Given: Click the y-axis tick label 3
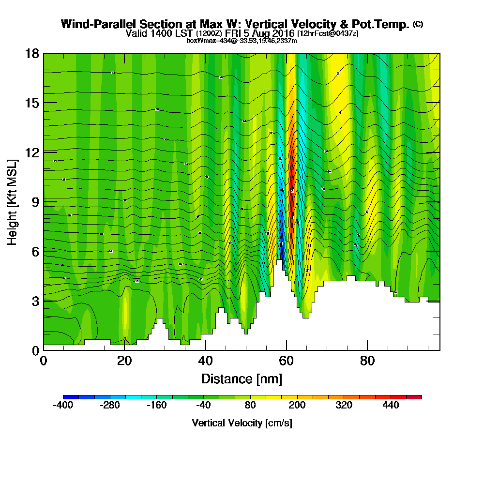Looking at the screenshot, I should [35, 301].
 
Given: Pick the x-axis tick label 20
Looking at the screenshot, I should [124, 361].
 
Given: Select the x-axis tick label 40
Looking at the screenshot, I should [206, 361].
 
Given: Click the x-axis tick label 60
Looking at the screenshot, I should [287, 361].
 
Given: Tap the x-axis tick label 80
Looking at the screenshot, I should [367, 361].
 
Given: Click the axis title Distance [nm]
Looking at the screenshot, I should [242, 378].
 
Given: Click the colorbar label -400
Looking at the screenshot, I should [63, 405].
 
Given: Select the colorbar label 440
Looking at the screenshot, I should [391, 405].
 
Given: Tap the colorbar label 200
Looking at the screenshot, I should [297, 405].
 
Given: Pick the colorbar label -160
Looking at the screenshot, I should [156, 405].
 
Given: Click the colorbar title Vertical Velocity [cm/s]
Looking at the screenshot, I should [242, 423].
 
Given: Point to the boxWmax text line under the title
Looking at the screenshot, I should [242, 41].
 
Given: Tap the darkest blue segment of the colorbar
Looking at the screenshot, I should [67, 397].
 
